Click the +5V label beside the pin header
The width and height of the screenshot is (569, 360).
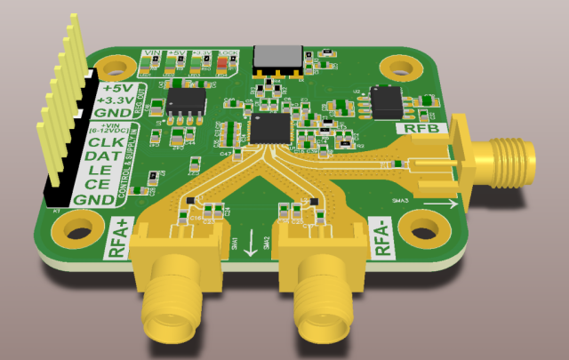click(116, 89)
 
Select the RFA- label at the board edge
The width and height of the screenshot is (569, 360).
click(384, 238)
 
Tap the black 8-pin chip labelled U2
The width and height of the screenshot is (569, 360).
click(391, 101)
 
